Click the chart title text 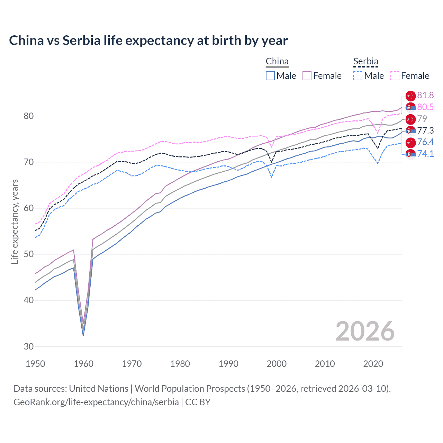click(148, 40)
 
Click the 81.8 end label click(425, 96)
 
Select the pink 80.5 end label click(425, 107)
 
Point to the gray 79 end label click(422, 119)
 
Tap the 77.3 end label click(425, 130)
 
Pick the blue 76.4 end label click(425, 142)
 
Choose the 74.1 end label click(425, 154)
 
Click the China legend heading click(277, 62)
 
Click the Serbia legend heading click(365, 62)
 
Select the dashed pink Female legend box click(395, 76)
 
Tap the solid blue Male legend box click(270, 76)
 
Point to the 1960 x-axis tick click(83, 364)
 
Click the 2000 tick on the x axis click(277, 364)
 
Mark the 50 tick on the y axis click(29, 254)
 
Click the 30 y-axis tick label click(29, 346)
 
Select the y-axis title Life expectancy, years click(15, 221)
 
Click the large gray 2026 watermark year click(365, 331)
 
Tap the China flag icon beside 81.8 click(410, 96)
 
